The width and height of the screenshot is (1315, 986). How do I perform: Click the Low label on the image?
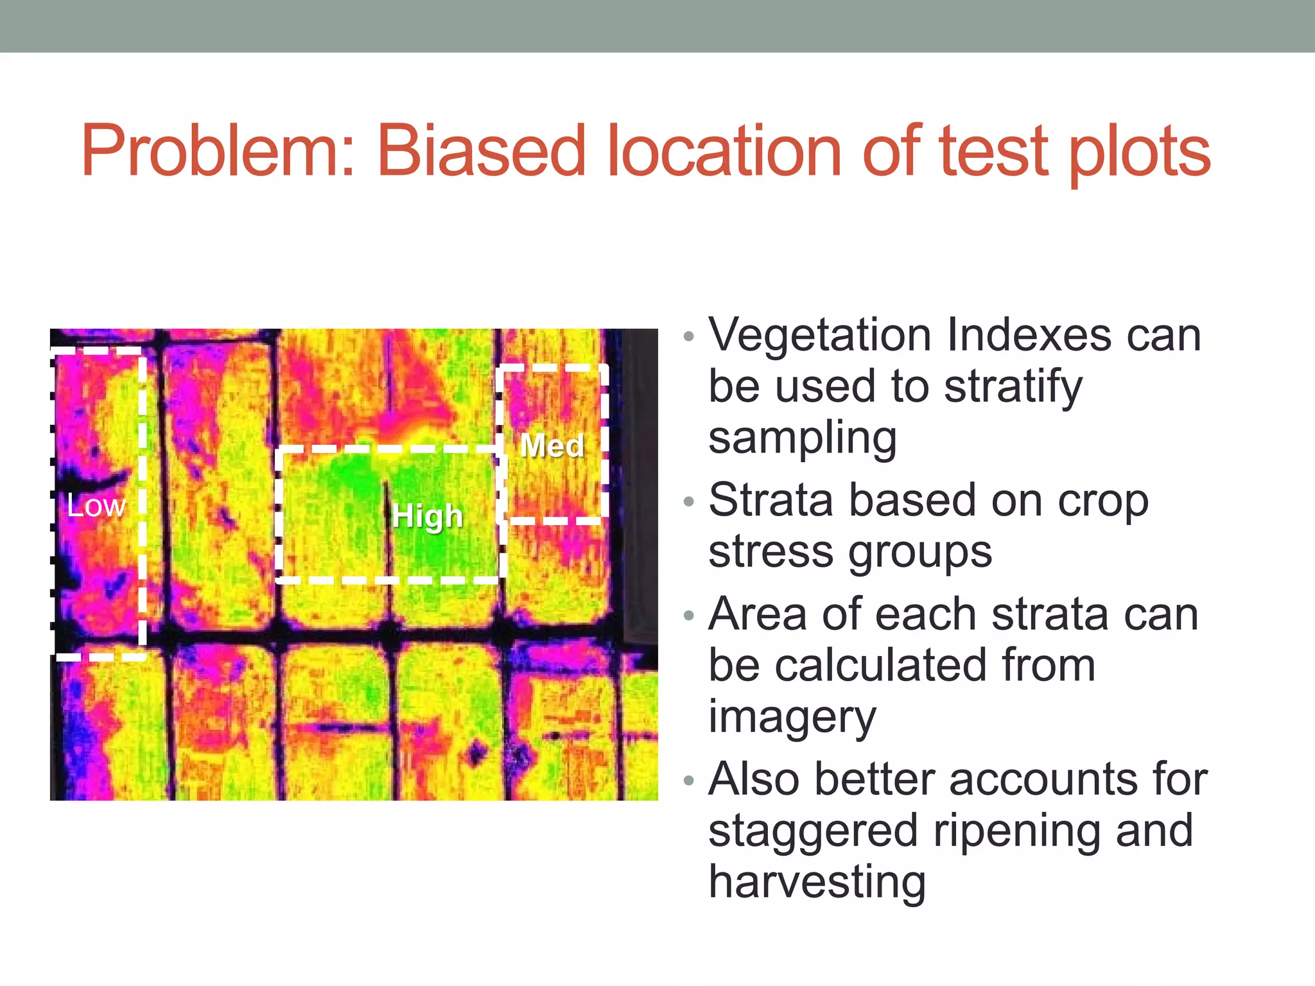(x=96, y=506)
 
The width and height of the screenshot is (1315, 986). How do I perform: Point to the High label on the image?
(x=428, y=516)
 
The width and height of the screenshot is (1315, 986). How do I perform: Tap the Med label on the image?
(x=552, y=445)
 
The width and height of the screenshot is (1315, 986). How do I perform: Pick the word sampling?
(x=802, y=439)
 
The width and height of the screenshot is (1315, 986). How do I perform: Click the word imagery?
(x=792, y=718)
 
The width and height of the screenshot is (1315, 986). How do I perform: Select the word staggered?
(x=812, y=831)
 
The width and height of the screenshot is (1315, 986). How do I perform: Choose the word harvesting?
(x=817, y=882)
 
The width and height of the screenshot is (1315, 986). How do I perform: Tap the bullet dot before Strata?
(x=689, y=501)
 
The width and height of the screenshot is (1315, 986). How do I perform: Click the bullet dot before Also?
(x=689, y=780)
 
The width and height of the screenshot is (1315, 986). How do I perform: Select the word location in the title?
(x=723, y=151)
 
